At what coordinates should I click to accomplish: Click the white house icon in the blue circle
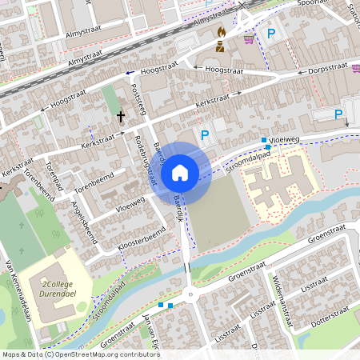point(180,172)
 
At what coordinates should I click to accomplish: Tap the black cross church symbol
point(121,117)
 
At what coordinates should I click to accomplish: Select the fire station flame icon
point(221,33)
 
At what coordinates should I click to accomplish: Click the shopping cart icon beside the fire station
point(249,38)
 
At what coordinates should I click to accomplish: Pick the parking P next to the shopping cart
point(271,34)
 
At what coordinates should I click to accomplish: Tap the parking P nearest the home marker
point(204,135)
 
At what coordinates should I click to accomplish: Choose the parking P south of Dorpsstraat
point(338,115)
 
